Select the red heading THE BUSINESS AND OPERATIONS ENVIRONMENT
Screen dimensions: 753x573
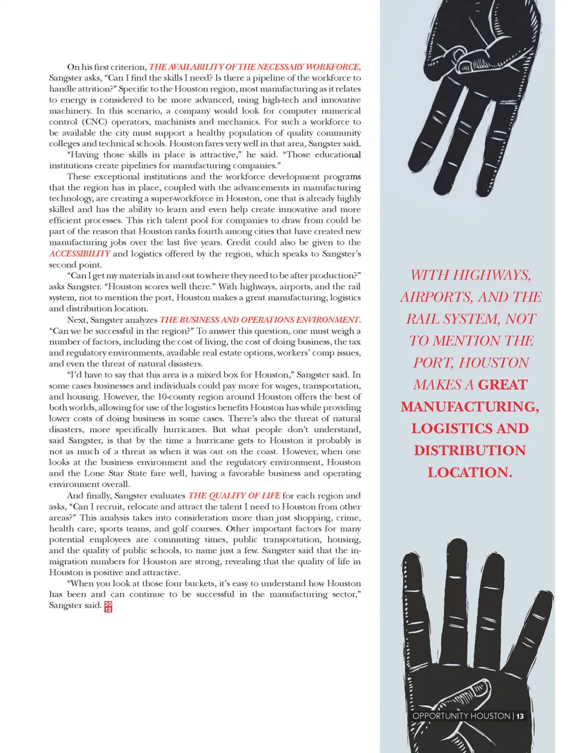260,320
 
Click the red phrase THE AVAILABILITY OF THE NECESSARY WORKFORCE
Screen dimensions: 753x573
255,67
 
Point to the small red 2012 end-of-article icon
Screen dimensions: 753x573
108,607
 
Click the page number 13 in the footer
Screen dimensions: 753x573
520,716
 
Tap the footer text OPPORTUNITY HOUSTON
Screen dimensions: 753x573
461,716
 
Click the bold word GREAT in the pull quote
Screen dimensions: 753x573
503,385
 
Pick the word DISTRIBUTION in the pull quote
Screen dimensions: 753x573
470,451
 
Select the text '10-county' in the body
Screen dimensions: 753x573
177,396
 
